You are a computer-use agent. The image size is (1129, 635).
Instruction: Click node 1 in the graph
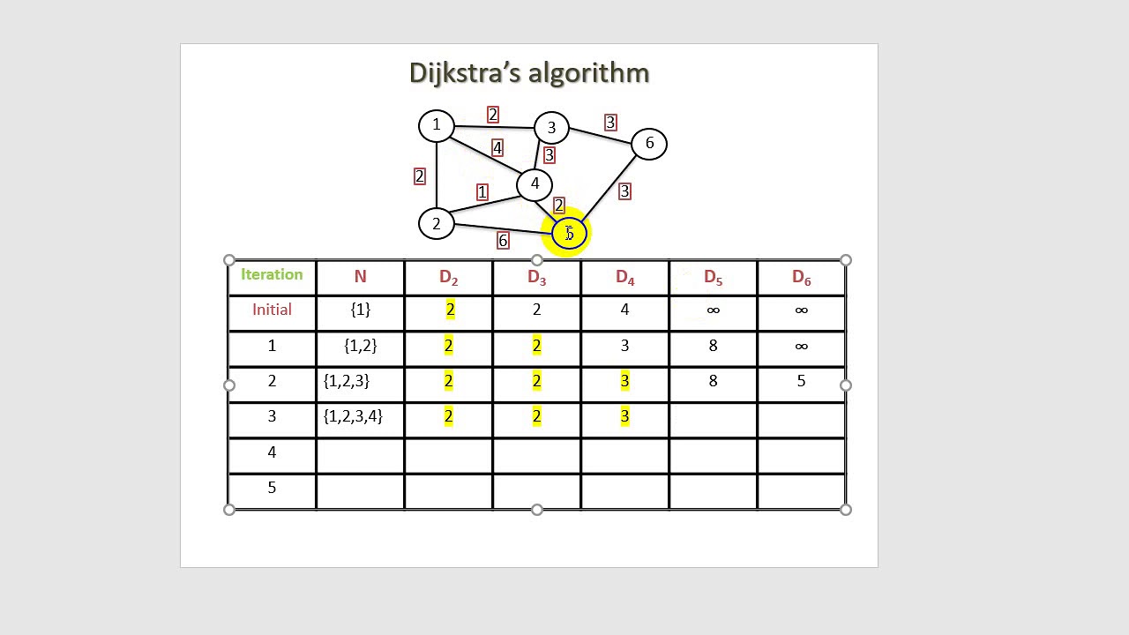(x=436, y=125)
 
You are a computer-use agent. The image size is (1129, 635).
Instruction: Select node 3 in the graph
(x=551, y=128)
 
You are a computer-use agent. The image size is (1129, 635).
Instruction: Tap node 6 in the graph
(x=649, y=144)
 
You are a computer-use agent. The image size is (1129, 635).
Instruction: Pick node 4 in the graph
(x=535, y=184)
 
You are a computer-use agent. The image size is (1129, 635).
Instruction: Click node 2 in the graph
(x=436, y=224)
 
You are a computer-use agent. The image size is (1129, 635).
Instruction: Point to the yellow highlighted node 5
(x=569, y=234)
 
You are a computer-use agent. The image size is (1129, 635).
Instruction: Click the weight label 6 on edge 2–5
(x=503, y=240)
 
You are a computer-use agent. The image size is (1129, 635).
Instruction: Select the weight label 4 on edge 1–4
(x=497, y=148)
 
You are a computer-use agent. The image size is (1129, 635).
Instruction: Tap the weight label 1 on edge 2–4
(x=482, y=191)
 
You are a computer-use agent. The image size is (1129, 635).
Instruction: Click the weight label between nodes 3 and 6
(x=610, y=123)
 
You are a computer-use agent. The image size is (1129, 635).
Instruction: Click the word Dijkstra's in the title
(x=466, y=73)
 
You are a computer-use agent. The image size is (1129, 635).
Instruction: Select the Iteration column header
(x=272, y=274)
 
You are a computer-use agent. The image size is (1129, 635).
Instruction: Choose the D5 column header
(x=713, y=278)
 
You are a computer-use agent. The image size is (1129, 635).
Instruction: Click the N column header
(x=360, y=277)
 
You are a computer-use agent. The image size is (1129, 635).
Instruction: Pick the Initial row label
(x=272, y=310)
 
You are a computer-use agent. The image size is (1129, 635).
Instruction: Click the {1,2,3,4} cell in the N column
(x=353, y=416)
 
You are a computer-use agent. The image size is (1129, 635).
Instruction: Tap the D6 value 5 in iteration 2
(x=801, y=381)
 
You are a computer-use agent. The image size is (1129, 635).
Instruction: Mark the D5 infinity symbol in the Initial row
(x=713, y=310)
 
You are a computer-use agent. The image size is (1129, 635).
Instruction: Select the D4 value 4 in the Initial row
(x=624, y=310)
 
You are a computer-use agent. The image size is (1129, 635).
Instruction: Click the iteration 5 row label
(x=272, y=488)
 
